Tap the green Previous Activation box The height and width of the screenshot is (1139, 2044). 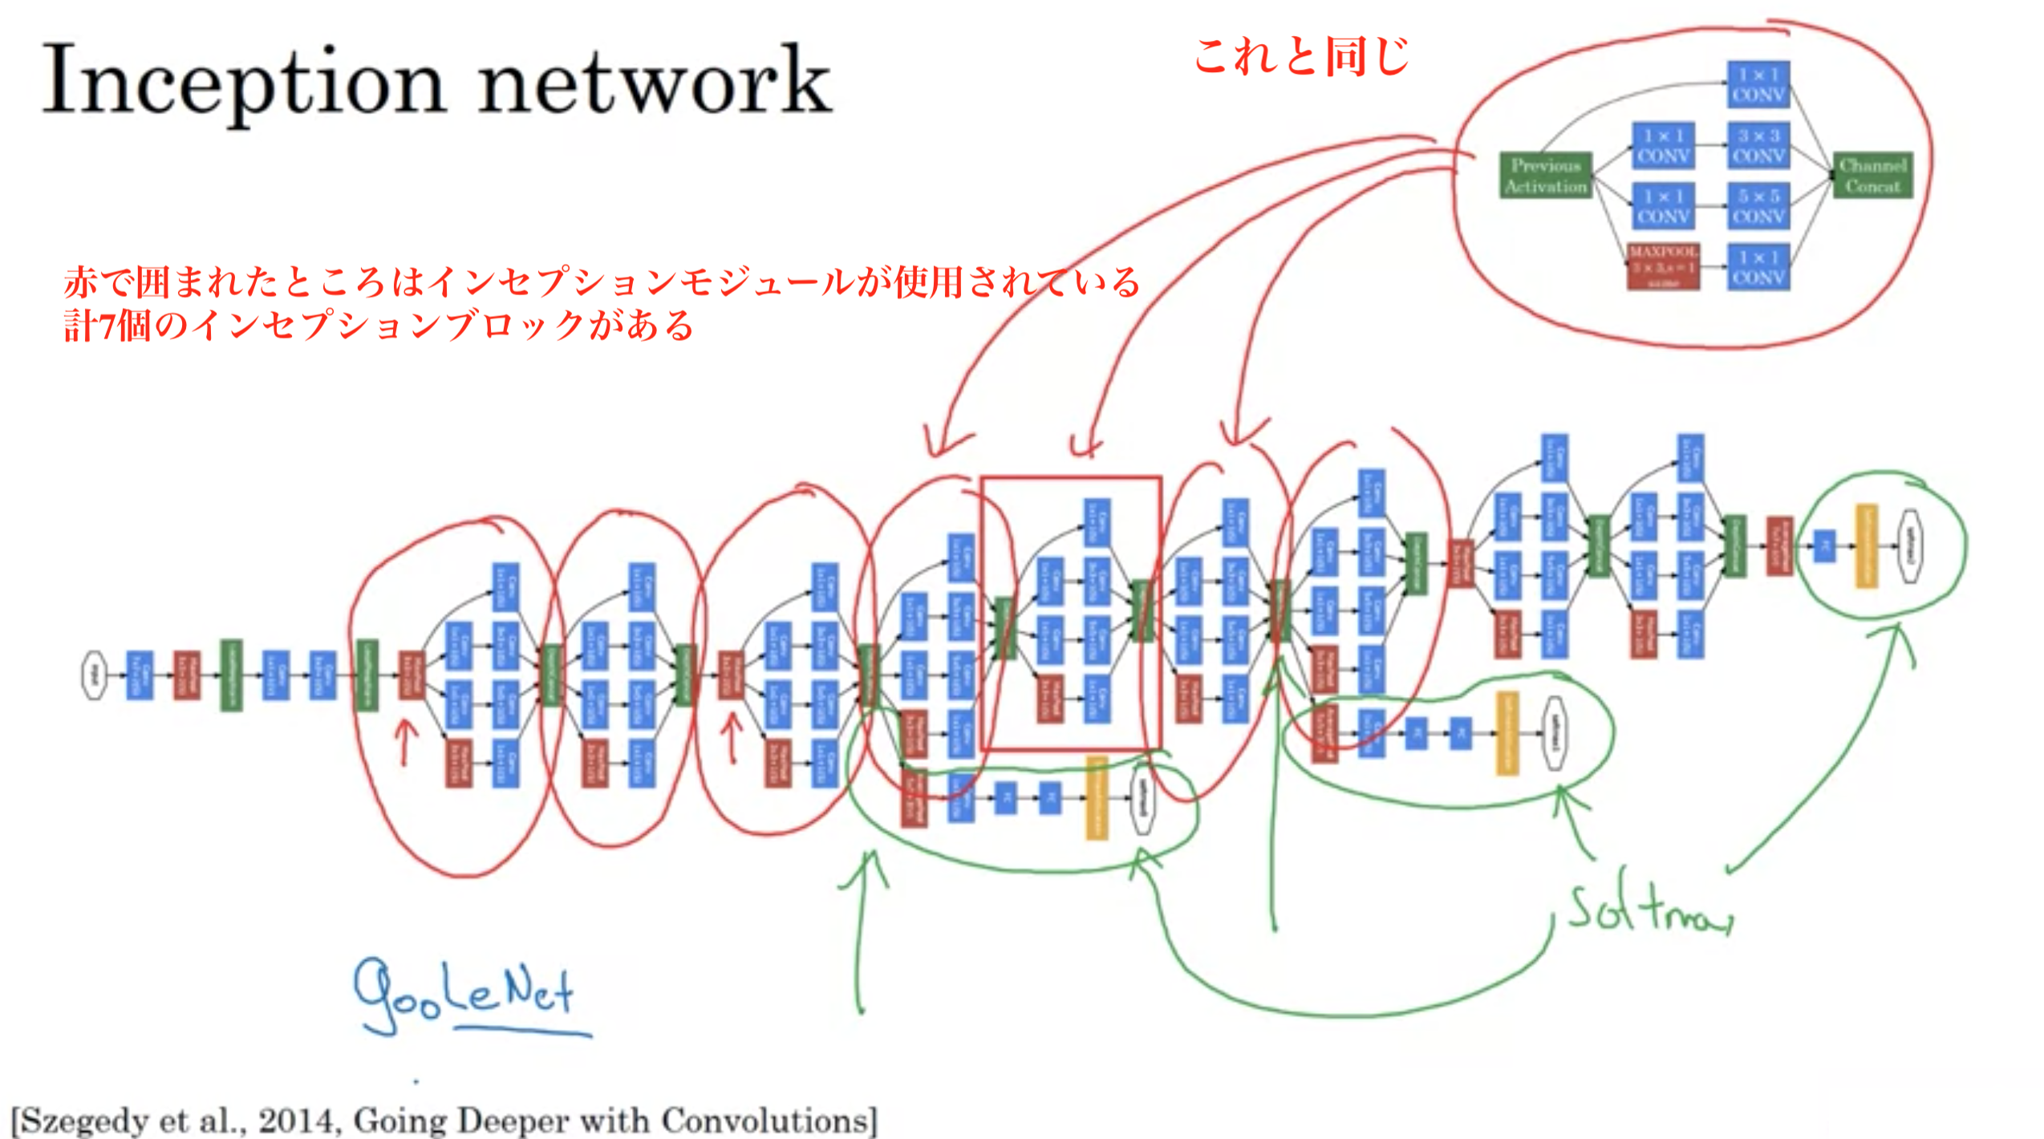(x=1546, y=176)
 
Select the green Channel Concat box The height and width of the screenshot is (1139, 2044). (x=1872, y=176)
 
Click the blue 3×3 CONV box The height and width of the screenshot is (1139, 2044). (x=1758, y=145)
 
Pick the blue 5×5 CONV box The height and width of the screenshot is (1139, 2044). (x=1758, y=206)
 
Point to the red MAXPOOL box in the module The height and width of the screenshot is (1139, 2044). (x=1663, y=266)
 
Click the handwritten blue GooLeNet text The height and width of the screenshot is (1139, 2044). (x=465, y=995)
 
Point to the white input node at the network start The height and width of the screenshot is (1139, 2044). (x=94, y=675)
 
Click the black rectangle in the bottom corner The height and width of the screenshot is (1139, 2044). (x=1936, y=1113)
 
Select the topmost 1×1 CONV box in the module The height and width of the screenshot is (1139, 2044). (x=1758, y=84)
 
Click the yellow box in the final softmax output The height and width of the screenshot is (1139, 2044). (x=1867, y=545)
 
